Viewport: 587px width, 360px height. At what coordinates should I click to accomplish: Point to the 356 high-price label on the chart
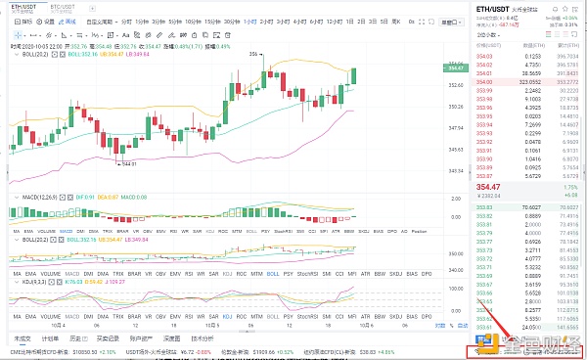coord(253,53)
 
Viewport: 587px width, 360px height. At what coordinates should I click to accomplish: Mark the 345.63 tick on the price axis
coord(456,148)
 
